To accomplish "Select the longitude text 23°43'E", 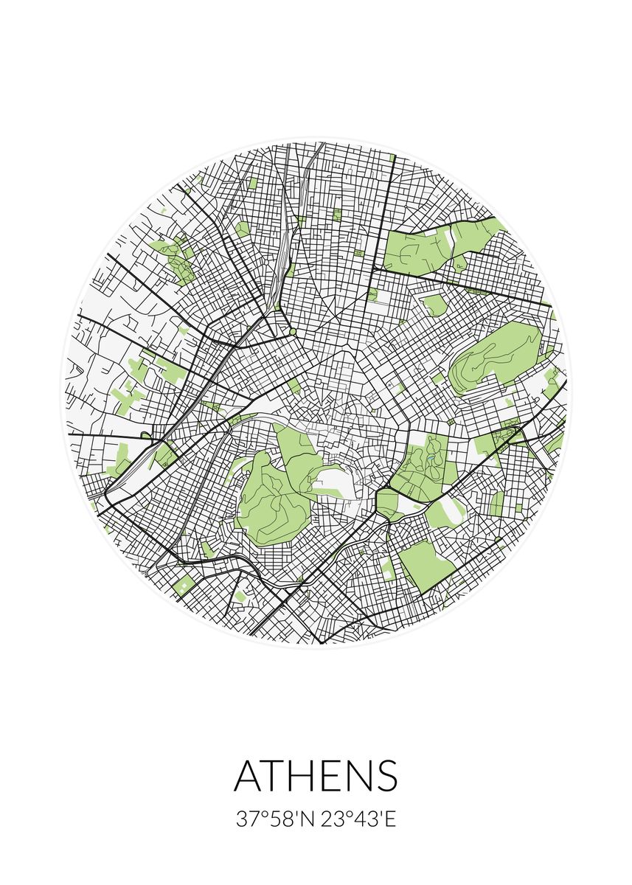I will (359, 819).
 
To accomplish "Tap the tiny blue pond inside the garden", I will (429, 465).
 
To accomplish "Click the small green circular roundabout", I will (293, 332).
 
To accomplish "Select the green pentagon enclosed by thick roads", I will (386, 503).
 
